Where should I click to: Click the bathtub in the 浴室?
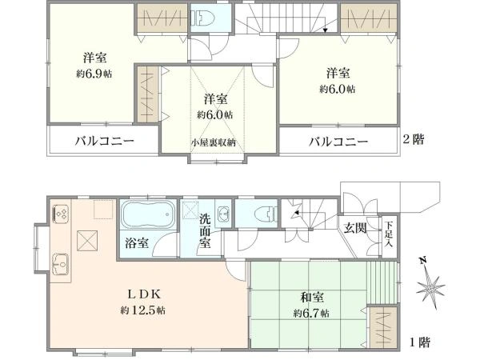tap(146, 216)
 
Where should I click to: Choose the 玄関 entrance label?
tap(356, 228)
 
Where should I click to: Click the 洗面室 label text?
tap(206, 230)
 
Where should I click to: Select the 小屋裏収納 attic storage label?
tap(213, 143)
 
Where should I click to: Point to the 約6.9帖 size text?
tap(95, 74)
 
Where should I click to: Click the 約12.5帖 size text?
tap(143, 310)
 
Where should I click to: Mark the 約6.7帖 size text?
tap(311, 313)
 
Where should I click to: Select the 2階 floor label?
tap(414, 138)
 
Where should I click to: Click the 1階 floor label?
tap(420, 342)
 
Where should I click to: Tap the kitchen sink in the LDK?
tap(59, 262)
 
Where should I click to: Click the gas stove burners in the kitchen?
tap(60, 214)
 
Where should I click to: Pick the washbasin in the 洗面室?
tap(223, 213)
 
